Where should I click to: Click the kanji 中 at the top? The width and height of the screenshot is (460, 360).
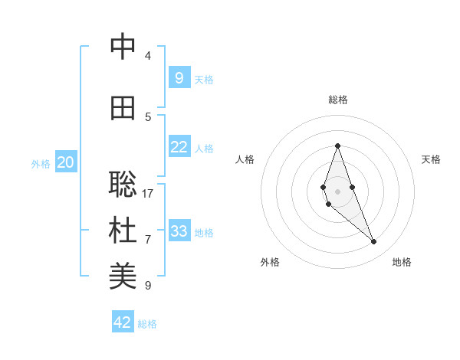(123, 47)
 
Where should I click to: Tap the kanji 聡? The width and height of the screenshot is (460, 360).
(123, 185)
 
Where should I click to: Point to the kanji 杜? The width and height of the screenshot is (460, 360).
(123, 231)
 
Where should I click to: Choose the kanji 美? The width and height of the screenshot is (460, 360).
(123, 277)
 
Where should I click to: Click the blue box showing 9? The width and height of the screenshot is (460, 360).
(179, 77)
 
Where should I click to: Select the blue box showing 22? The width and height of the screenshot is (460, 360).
(179, 146)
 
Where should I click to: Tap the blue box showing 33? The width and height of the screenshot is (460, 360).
(179, 231)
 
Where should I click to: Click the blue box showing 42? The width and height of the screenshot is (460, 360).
(123, 322)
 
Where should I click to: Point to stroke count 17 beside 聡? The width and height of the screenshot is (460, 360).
(148, 193)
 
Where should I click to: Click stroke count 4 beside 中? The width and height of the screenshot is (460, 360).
(148, 55)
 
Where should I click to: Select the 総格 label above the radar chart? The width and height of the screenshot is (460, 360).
(338, 100)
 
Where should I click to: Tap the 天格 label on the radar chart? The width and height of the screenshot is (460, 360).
(431, 159)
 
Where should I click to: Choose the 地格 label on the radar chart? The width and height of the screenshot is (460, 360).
(402, 262)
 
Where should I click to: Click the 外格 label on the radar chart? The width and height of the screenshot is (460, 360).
(270, 262)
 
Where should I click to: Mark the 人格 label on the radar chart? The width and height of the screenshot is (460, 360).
(245, 159)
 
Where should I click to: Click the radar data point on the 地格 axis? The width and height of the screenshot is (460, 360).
(373, 242)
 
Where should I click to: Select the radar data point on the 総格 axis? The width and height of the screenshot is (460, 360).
(338, 146)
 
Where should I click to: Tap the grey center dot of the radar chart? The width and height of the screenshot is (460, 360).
(338, 191)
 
